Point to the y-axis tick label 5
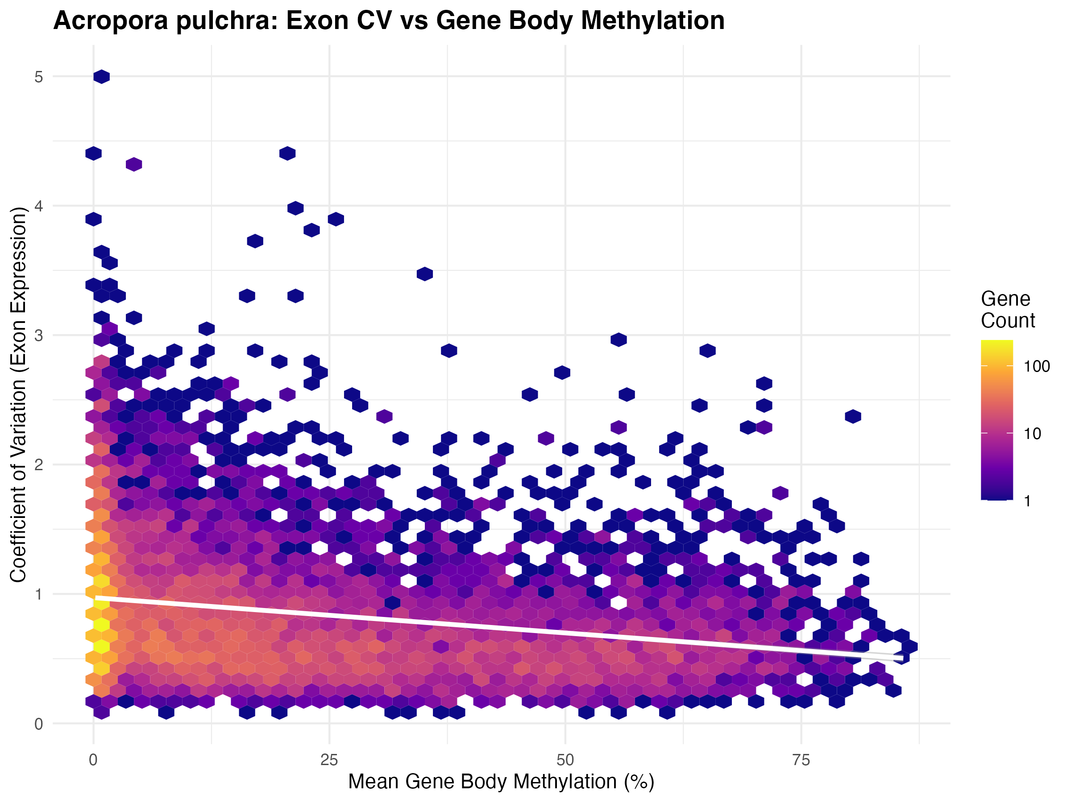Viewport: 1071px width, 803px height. [39, 77]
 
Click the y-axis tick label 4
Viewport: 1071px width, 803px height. [39, 206]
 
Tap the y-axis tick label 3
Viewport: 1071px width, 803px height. [39, 335]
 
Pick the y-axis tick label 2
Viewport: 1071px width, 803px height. [39, 465]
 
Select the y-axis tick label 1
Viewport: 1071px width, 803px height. [39, 594]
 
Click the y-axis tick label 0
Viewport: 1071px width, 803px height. [39, 724]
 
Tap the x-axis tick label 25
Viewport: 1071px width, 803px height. [329, 761]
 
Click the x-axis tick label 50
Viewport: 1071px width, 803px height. [565, 761]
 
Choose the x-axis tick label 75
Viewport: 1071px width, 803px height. [801, 761]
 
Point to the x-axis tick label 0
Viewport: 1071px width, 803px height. [93, 761]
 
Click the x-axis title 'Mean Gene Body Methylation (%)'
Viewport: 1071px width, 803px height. [501, 782]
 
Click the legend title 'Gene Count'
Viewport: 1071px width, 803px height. [1007, 310]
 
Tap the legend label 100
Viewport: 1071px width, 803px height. [1037, 366]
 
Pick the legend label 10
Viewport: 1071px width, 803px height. [1033, 434]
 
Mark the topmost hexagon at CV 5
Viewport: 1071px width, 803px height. [102, 76]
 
